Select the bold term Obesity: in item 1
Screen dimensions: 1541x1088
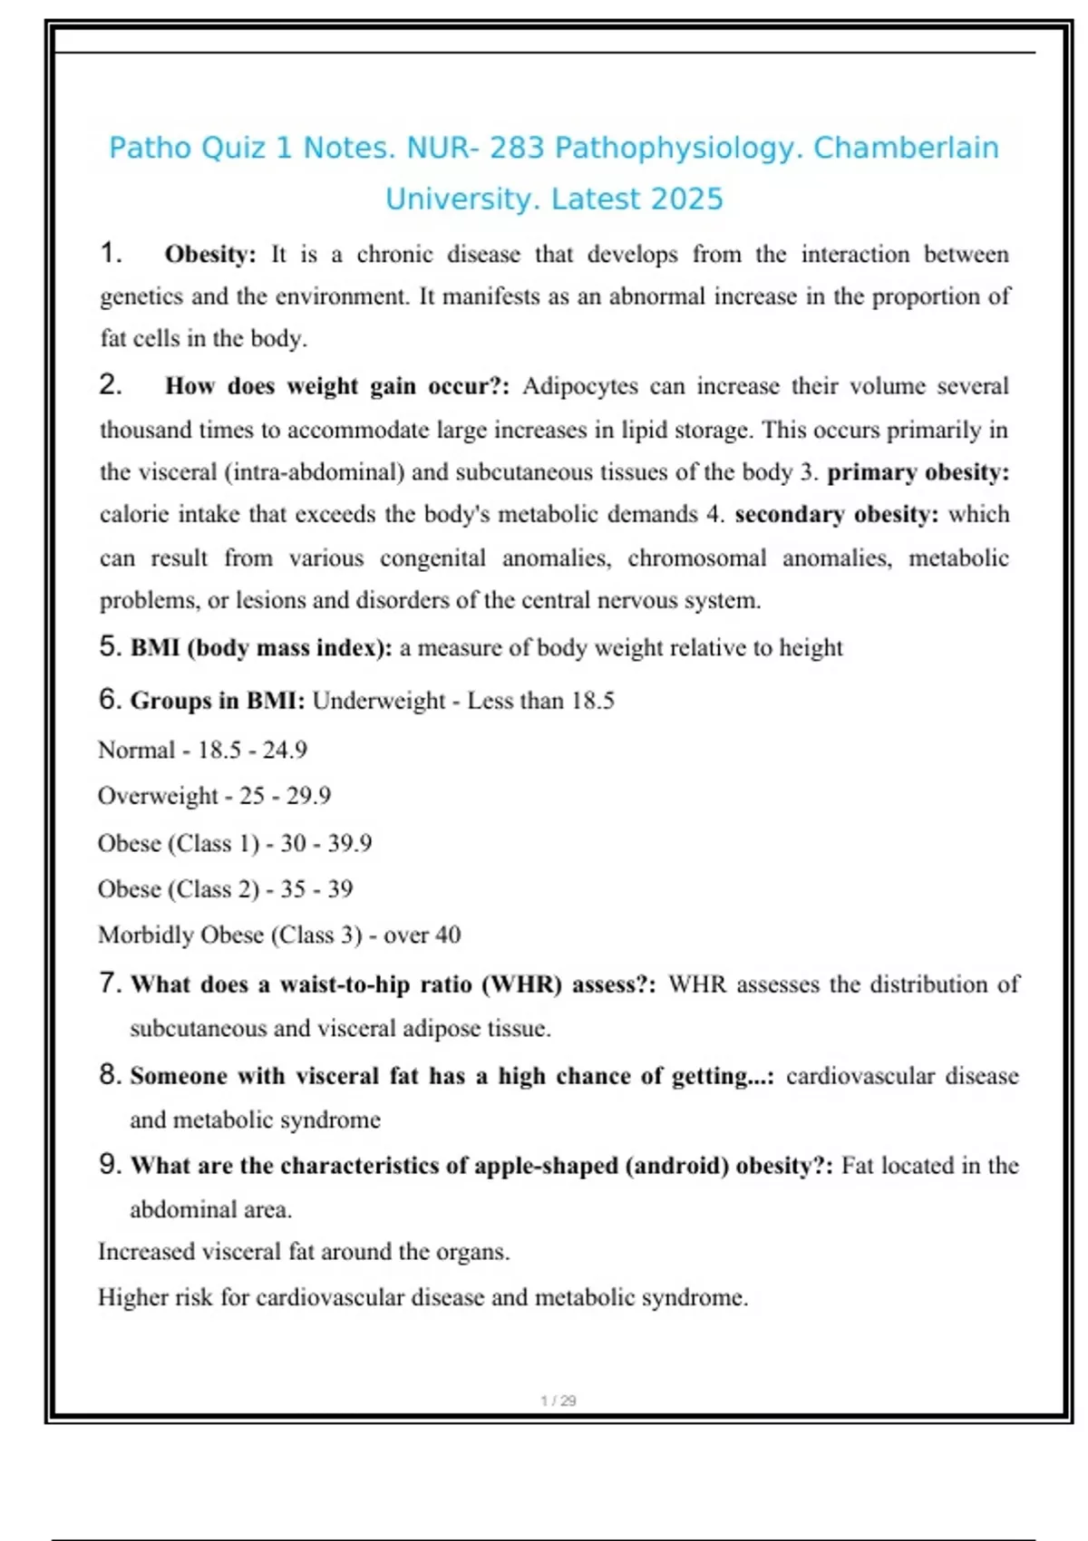coord(210,255)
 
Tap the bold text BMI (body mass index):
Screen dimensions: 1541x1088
coord(261,648)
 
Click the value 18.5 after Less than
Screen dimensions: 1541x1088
coord(593,701)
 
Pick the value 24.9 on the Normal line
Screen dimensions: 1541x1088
coord(285,751)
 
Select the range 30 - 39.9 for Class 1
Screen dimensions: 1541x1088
coord(326,844)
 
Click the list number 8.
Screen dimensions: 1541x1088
coord(110,1076)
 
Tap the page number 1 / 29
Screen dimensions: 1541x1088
coord(559,1401)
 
